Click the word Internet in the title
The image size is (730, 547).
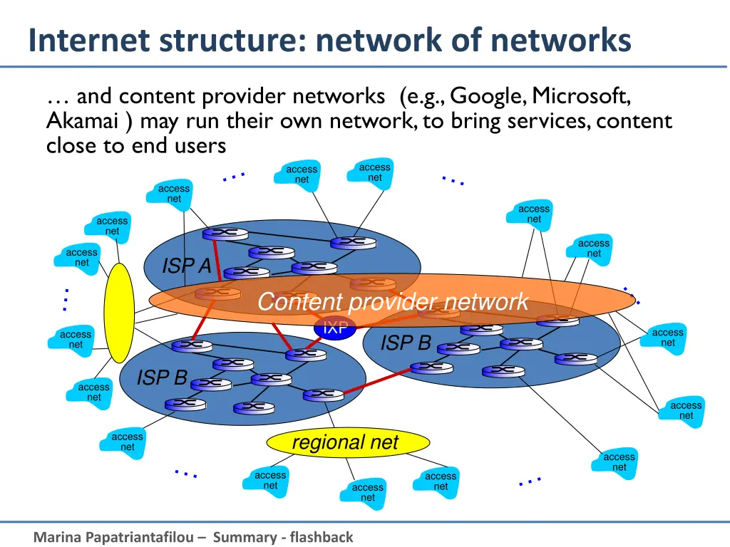click(x=89, y=40)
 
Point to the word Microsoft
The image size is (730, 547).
click(x=581, y=96)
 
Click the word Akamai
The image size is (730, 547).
click(x=82, y=121)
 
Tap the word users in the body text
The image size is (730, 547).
click(x=200, y=146)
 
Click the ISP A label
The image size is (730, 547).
click(x=187, y=266)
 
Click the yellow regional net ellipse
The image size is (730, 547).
click(x=348, y=442)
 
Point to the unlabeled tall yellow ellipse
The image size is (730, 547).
click(x=119, y=313)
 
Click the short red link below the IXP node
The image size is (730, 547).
click(x=314, y=345)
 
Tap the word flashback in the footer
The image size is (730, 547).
click(x=322, y=537)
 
